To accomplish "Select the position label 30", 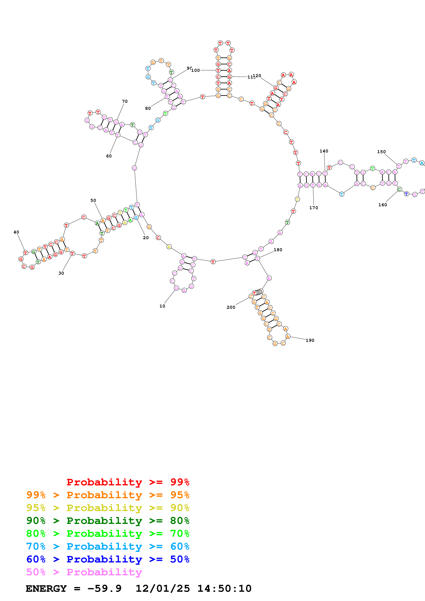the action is [x=61, y=273].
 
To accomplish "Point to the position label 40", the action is [x=16, y=232].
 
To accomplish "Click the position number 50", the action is [x=93, y=200].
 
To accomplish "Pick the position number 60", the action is [x=109, y=156].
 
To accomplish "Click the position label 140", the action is [x=324, y=151].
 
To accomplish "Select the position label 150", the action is [x=381, y=152].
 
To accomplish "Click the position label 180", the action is [x=278, y=250].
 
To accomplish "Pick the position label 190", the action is [x=310, y=340].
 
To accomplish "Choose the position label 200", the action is [x=231, y=307].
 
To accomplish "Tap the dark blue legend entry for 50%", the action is [x=108, y=559].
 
